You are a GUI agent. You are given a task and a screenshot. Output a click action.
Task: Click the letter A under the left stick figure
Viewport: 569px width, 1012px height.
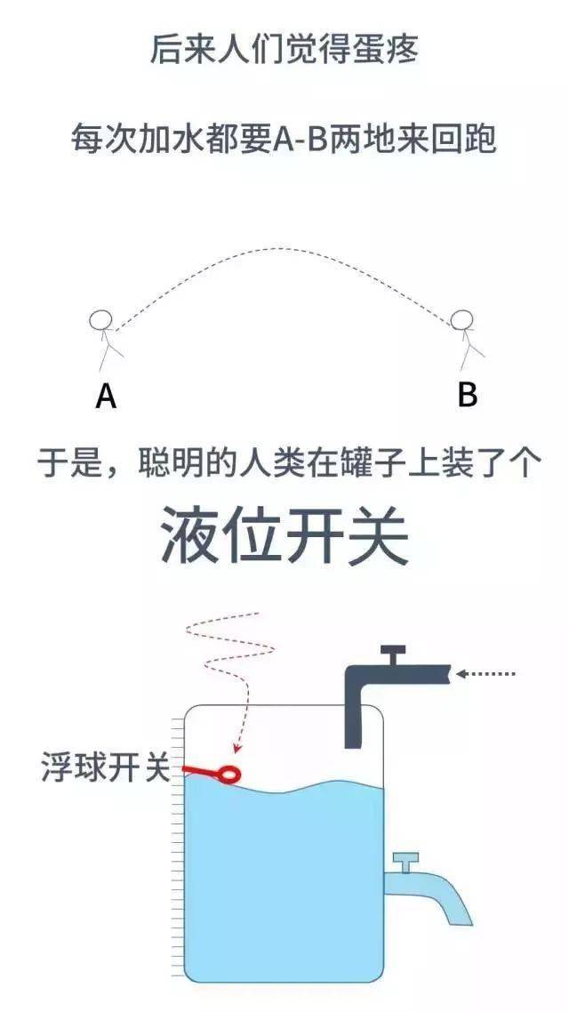point(106,395)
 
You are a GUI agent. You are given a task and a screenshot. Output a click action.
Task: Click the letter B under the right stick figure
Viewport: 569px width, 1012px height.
point(467,394)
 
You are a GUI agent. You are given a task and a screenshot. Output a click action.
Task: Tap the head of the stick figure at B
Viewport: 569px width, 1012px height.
point(462,319)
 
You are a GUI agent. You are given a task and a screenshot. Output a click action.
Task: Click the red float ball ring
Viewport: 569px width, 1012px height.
point(229,772)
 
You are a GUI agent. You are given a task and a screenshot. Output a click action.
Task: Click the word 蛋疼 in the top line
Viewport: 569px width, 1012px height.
point(389,49)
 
